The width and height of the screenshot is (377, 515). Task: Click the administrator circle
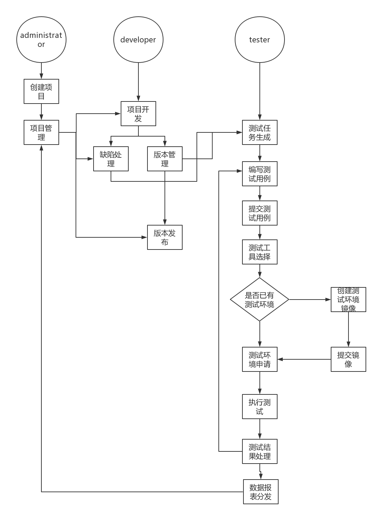(41, 40)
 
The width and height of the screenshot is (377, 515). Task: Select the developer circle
(138, 40)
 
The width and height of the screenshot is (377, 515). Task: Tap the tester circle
(259, 40)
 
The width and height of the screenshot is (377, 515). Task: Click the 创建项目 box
(41, 91)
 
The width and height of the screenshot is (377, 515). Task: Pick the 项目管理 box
(41, 132)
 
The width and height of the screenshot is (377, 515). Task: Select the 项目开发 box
(138, 114)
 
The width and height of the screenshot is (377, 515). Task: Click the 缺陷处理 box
(111, 159)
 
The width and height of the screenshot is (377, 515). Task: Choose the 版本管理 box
(165, 159)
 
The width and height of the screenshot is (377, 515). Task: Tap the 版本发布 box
(165, 237)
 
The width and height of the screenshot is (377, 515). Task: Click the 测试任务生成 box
(259, 132)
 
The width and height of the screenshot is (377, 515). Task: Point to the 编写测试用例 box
(259, 174)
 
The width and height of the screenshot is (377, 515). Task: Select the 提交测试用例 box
(259, 213)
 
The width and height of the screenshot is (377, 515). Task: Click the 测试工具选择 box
(259, 252)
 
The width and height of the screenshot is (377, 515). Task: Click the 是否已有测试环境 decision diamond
(259, 299)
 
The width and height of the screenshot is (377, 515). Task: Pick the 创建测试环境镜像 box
(348, 300)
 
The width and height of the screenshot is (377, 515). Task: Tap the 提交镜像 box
(348, 359)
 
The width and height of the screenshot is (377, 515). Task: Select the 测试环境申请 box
(259, 359)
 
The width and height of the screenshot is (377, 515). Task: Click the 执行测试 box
(259, 407)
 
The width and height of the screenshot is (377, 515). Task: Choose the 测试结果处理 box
(259, 451)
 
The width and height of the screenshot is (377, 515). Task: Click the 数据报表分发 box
(260, 492)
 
